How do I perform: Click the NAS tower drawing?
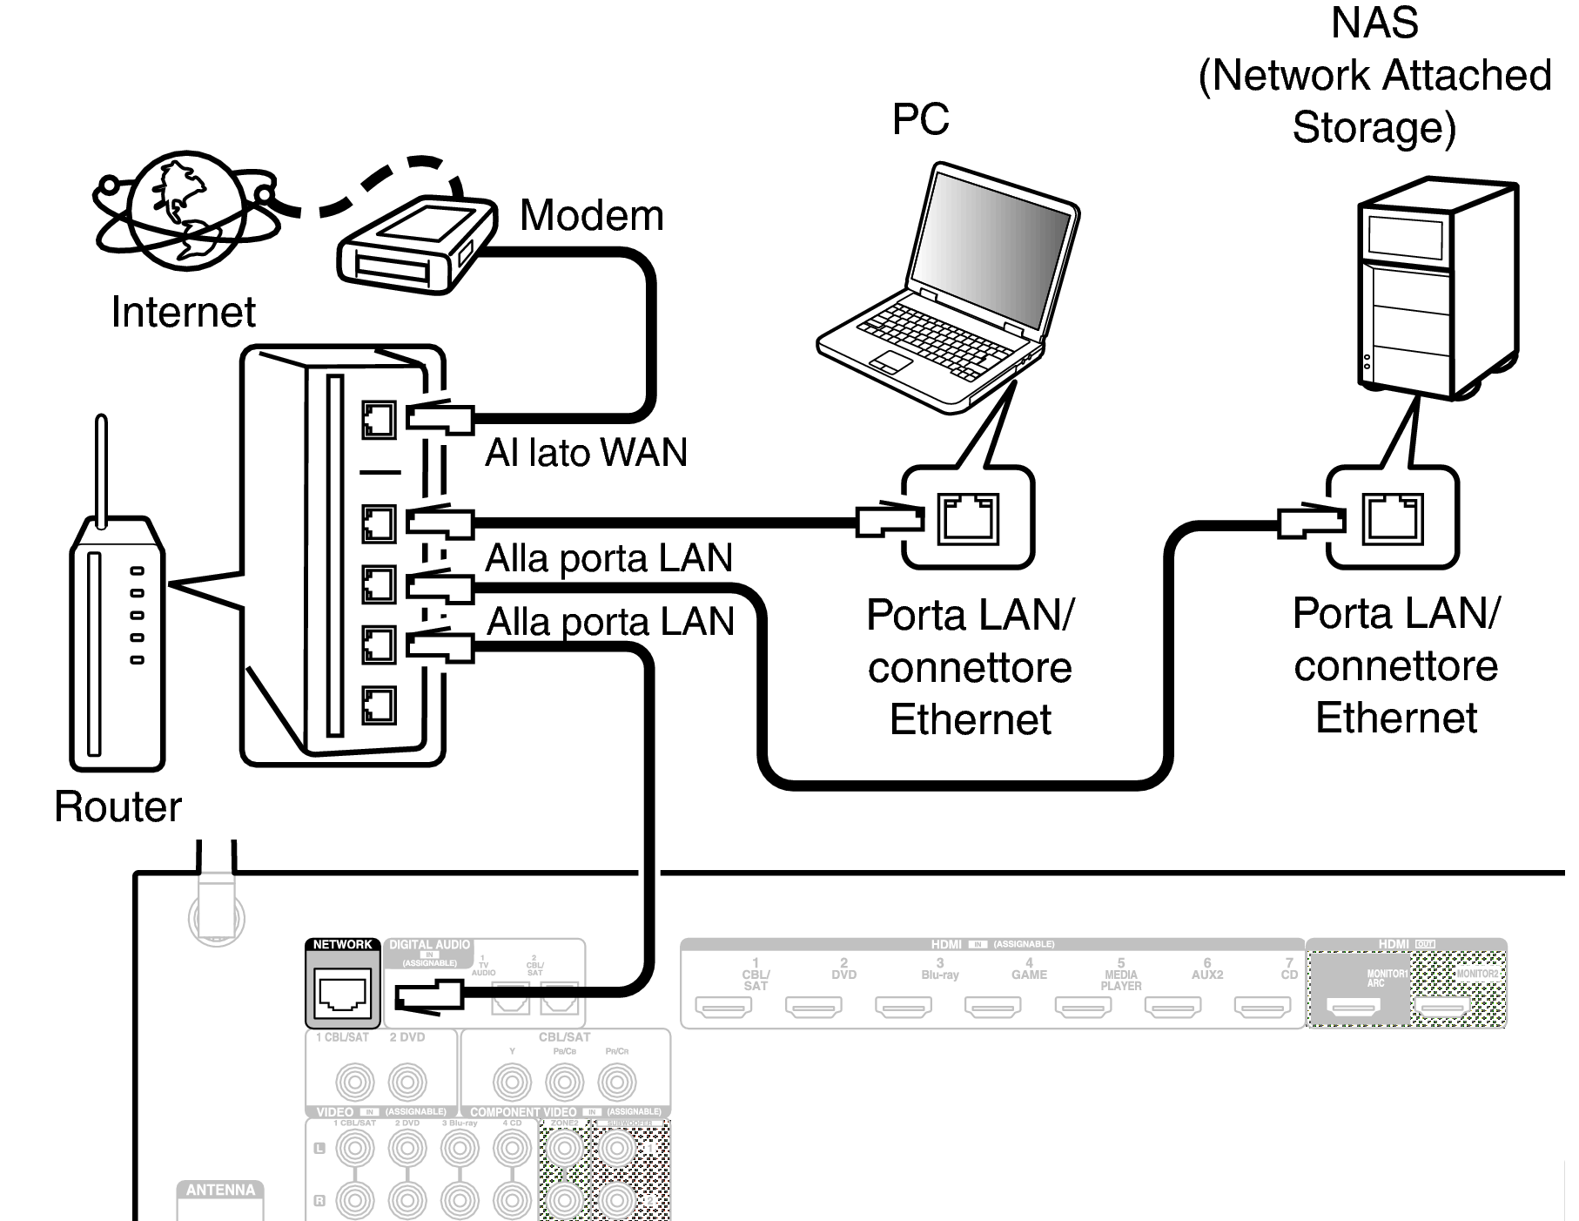[x=1437, y=287]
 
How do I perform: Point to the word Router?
[x=118, y=806]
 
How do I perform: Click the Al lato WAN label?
[x=586, y=453]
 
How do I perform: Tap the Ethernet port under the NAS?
[x=1392, y=519]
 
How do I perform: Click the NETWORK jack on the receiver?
[x=344, y=994]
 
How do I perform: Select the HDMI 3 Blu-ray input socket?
[x=903, y=1007]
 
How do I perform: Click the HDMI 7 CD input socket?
[x=1262, y=1007]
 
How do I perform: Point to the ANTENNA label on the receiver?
[x=220, y=1191]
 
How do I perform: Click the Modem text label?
[x=592, y=215]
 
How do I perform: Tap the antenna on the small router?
[x=101, y=470]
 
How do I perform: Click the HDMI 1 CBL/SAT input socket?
[x=723, y=1007]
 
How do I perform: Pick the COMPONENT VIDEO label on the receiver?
[x=523, y=1112]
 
